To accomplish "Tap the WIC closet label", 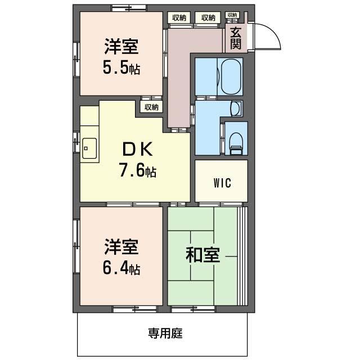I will point(222,183).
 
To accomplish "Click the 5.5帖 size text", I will point(121,69).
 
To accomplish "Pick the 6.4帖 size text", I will point(121,268).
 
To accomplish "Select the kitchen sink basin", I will point(88,148).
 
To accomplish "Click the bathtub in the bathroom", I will point(231,76).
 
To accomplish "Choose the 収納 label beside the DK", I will point(151,107).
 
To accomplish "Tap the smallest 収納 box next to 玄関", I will point(232,15).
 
